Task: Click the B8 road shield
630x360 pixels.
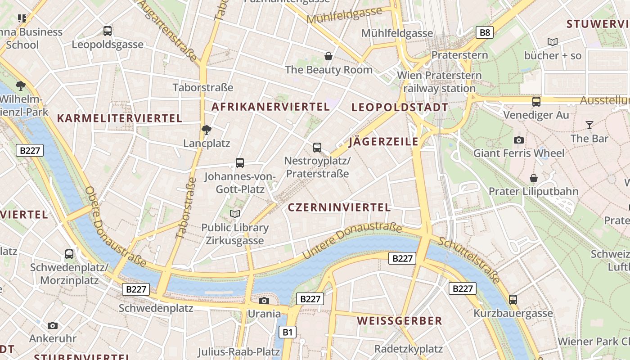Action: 484,32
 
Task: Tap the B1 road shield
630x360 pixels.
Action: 288,333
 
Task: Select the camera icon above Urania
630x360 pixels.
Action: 264,301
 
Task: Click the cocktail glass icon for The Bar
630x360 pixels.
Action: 589,125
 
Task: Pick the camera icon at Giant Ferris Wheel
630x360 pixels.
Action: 518,140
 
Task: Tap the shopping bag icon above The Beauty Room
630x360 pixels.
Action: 328,56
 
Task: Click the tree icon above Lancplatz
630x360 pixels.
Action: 207,130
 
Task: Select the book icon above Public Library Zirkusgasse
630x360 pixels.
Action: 235,214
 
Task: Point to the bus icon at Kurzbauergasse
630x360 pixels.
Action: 513,299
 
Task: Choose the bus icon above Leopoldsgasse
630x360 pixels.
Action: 108,31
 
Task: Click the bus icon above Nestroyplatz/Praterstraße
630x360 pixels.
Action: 317,147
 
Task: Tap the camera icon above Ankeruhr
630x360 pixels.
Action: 53,325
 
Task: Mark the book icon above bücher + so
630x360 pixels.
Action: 553,42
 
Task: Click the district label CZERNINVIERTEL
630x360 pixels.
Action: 339,207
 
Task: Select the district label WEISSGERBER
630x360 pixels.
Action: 400,321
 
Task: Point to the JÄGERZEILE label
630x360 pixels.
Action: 383,142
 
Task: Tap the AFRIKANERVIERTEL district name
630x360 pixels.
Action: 270,107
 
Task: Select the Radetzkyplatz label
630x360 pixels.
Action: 409,349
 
